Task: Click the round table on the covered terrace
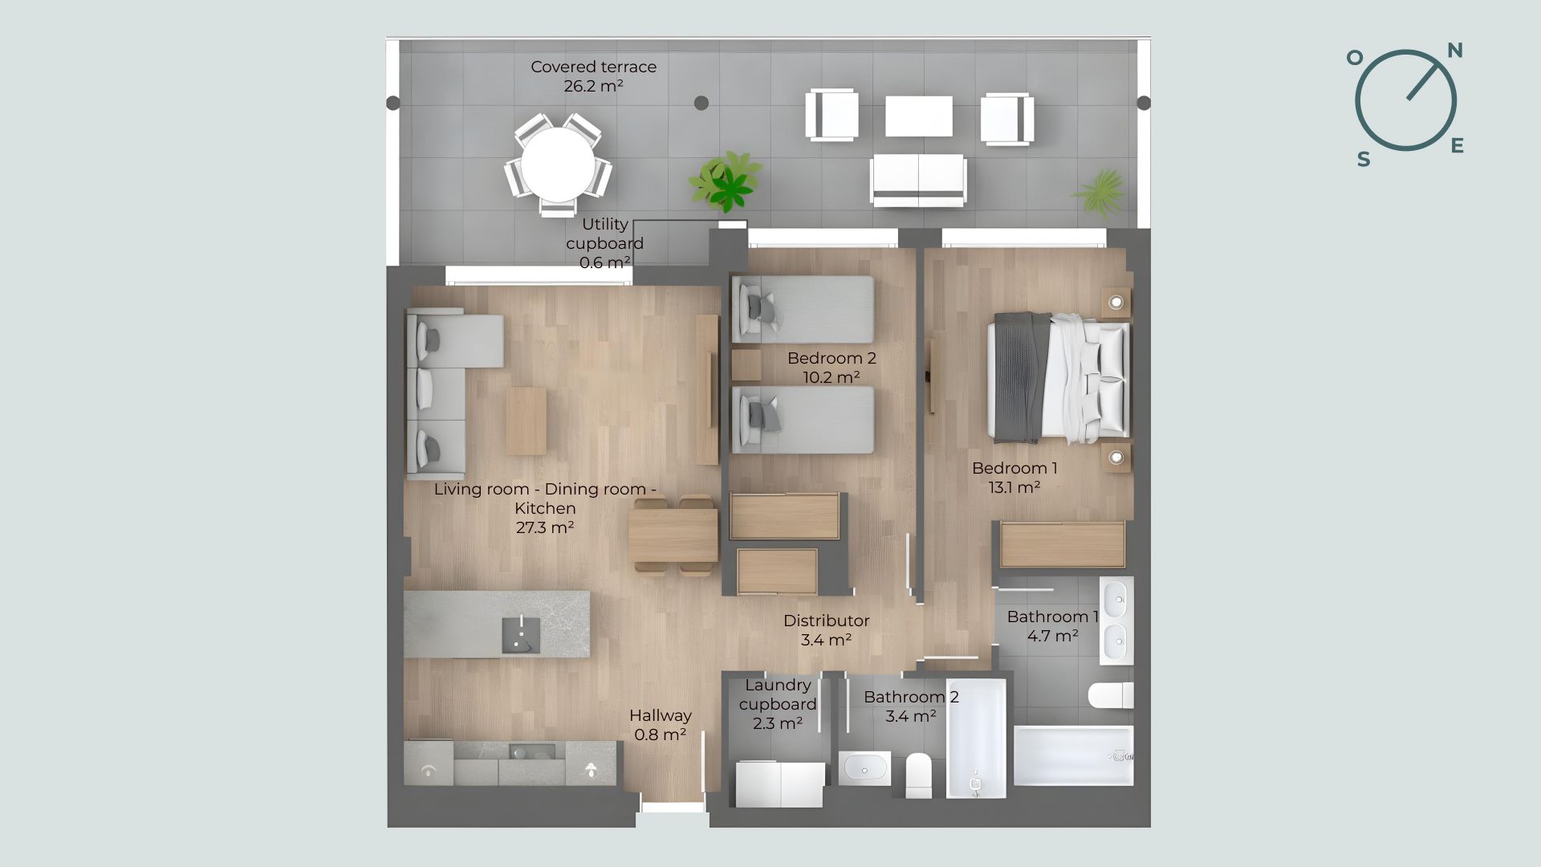(x=559, y=165)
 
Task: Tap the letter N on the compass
(x=1454, y=51)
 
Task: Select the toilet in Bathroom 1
(x=1111, y=695)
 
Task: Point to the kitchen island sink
(x=521, y=635)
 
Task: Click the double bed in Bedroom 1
(x=1059, y=377)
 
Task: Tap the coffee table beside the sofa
(x=526, y=421)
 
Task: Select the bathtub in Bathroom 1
(x=1073, y=755)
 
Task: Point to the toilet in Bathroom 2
(x=919, y=775)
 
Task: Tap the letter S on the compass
(x=1364, y=160)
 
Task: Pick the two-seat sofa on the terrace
(x=918, y=180)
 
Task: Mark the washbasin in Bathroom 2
(x=864, y=768)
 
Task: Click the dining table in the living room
(x=673, y=535)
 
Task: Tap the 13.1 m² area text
(x=1014, y=487)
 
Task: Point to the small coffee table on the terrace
(x=919, y=116)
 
